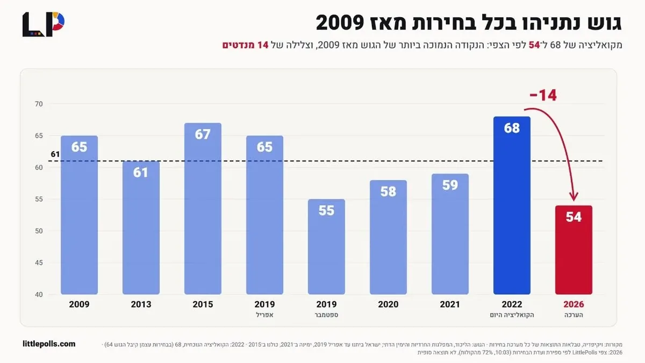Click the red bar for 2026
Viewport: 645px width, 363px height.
click(574, 250)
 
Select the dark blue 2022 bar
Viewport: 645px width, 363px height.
click(512, 205)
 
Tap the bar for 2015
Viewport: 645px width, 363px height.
click(203, 209)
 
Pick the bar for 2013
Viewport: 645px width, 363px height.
click(141, 227)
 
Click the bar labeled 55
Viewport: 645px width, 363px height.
click(326, 247)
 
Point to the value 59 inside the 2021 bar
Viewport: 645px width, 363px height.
click(450, 185)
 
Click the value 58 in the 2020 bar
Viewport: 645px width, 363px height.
click(388, 191)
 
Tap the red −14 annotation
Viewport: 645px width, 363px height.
click(543, 95)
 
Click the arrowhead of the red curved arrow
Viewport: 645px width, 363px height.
click(574, 197)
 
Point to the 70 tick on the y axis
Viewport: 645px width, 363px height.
click(39, 104)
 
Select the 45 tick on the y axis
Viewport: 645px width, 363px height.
click(39, 263)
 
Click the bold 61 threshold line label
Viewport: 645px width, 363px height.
click(55, 154)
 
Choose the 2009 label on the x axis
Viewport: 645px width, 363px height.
click(79, 304)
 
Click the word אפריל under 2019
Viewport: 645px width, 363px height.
click(264, 315)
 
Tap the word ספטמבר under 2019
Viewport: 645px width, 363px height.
click(326, 315)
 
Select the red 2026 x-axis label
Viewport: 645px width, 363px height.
click(574, 304)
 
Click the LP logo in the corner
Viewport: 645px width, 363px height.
click(44, 25)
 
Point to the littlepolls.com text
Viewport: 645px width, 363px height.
click(49, 344)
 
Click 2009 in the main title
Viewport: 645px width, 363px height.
click(340, 23)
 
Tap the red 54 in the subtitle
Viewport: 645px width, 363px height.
click(534, 45)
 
